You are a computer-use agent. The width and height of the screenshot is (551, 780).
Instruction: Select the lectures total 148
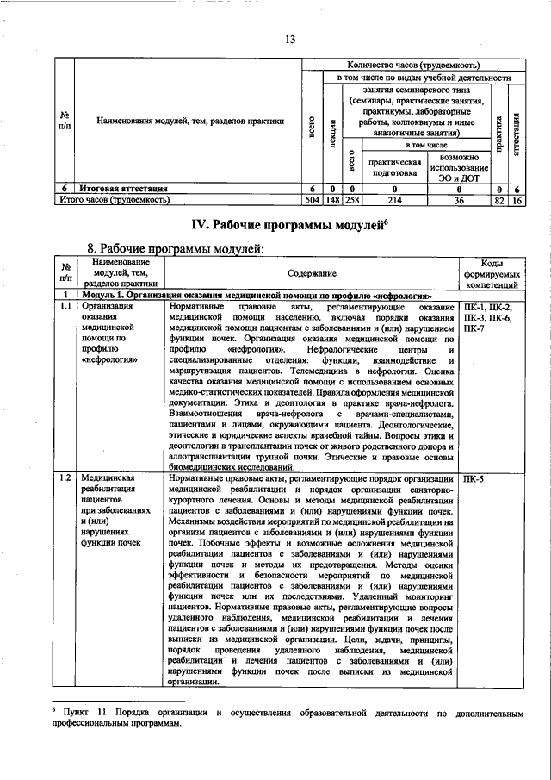click(332, 200)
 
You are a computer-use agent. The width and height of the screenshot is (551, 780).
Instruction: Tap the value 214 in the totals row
click(395, 200)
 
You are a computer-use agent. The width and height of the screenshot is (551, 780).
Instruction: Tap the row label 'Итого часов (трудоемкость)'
click(113, 200)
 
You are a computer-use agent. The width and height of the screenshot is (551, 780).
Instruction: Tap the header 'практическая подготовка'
click(395, 167)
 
